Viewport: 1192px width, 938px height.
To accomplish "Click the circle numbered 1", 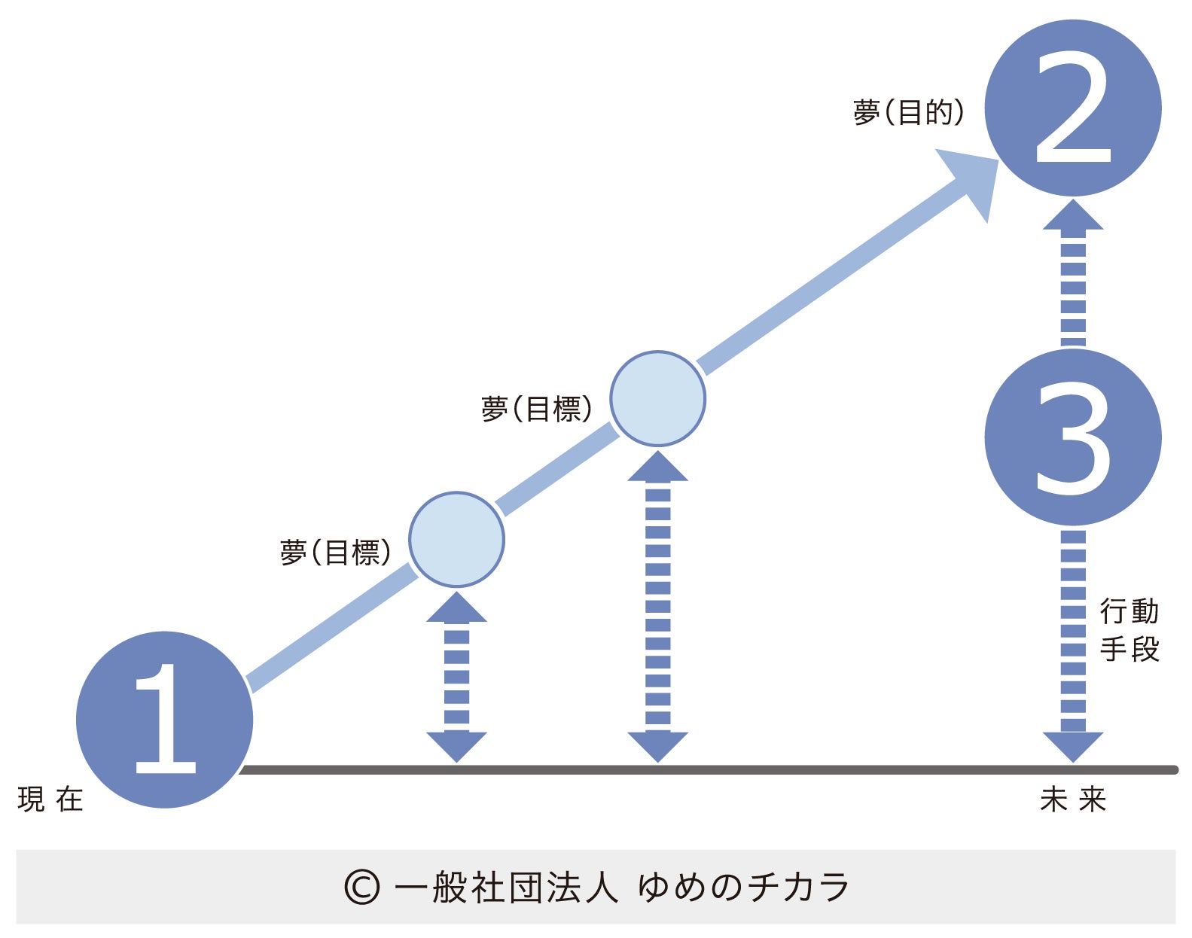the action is [164, 719].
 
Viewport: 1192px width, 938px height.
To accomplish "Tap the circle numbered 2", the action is [1072, 108].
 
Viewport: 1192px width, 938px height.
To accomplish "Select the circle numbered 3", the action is [1072, 437].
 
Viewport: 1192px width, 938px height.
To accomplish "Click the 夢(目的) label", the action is [908, 112].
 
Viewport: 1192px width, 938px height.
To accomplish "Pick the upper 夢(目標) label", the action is [536, 409].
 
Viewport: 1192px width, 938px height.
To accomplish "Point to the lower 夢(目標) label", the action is [335, 552].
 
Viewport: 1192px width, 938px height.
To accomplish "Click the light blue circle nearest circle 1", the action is [456, 539].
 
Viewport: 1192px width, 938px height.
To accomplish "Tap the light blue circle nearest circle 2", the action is [657, 398].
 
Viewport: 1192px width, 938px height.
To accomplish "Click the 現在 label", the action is [50, 799].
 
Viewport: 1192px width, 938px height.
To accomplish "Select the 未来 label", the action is [1072, 799].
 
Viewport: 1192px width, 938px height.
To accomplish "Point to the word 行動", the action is [1129, 611].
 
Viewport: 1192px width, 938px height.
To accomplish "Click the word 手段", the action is [1129, 649].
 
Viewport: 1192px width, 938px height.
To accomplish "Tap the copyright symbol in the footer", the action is [361, 888].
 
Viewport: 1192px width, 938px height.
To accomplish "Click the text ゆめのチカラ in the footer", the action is [744, 888].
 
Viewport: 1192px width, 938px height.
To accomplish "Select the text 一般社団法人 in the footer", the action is [506, 888].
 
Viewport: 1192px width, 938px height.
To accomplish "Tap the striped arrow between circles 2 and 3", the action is [1072, 275].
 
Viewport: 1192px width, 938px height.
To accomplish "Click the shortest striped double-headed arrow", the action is [456, 676].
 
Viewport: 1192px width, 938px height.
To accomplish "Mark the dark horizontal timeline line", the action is [708, 769].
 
